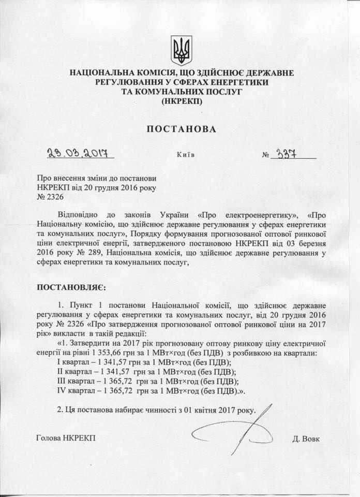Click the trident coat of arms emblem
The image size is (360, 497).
(181, 50)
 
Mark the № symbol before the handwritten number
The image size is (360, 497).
(267, 154)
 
